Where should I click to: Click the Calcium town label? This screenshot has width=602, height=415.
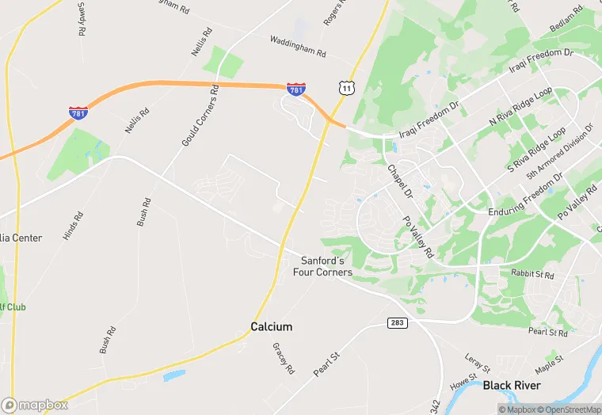tap(272, 326)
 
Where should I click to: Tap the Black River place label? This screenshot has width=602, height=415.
tap(512, 386)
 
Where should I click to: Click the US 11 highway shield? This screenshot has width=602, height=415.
tap(345, 87)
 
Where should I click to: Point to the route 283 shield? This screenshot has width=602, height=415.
tap(397, 323)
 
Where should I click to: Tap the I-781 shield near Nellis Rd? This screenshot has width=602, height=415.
tap(78, 112)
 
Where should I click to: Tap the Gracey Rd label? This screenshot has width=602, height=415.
tap(283, 358)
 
